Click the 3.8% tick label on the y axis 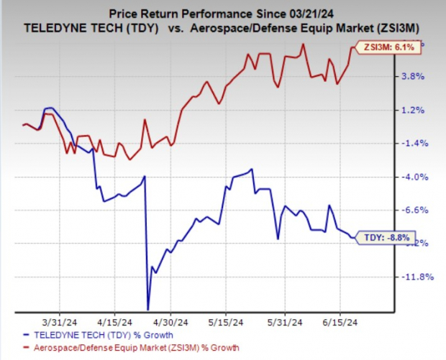coord(419,76)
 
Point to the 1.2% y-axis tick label coord(419,110)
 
